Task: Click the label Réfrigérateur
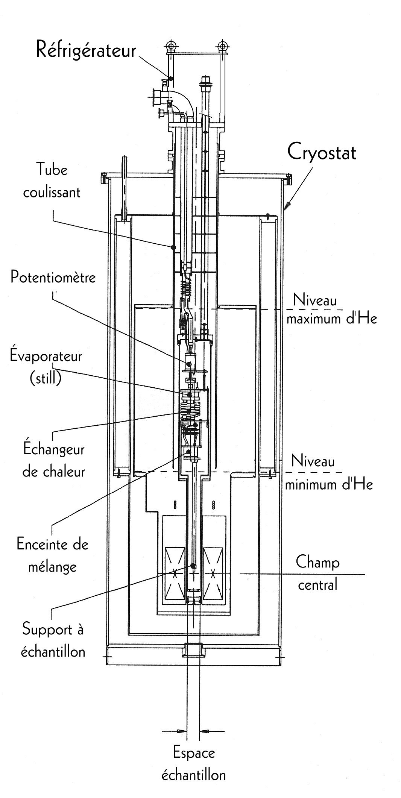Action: (x=86, y=50)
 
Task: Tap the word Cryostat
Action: (x=322, y=153)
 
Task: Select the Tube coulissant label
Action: (x=52, y=181)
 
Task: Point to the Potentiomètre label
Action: (x=53, y=278)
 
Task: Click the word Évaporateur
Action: (x=46, y=356)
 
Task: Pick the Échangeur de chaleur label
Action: (x=54, y=460)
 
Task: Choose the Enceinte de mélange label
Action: (x=52, y=555)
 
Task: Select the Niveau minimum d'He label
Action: (x=329, y=472)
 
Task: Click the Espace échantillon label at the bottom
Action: (x=193, y=765)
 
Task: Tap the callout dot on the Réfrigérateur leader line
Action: (x=171, y=78)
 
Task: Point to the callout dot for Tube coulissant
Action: (x=173, y=247)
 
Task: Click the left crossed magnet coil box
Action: (x=173, y=574)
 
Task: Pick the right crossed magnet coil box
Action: (x=214, y=574)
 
